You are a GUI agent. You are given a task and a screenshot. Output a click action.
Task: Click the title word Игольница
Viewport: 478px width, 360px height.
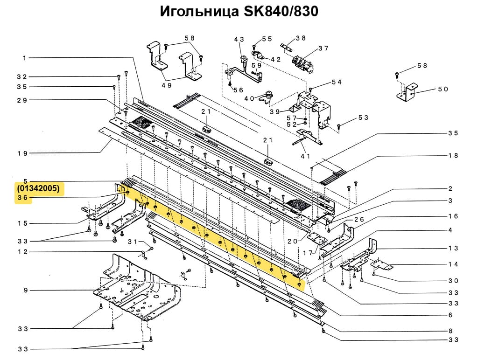pos(199,12)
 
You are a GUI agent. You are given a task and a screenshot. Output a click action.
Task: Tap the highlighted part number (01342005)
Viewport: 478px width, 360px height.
pos(40,189)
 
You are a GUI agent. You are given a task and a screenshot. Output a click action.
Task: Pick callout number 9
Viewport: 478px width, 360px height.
pos(26,291)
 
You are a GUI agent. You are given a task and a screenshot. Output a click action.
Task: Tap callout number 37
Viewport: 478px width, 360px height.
pos(323,48)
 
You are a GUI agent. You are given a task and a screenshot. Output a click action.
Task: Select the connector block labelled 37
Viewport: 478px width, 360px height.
pos(302,61)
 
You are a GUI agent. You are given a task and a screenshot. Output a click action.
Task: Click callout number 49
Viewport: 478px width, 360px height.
pos(167,85)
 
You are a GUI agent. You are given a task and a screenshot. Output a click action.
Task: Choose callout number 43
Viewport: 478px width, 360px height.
pos(239,40)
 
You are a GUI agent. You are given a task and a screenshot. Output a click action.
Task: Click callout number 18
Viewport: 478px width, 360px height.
pos(453,155)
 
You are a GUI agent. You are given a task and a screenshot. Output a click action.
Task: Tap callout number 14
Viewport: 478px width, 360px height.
pos(453,264)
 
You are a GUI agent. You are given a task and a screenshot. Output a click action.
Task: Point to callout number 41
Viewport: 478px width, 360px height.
pos(306,156)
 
